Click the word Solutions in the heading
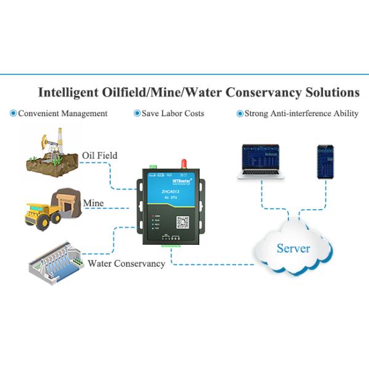331,93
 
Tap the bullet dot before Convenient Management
14,114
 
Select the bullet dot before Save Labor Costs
137,114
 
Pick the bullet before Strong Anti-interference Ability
240,114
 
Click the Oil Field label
99,155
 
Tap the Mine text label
93,203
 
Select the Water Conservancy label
126,263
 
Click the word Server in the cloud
293,248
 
